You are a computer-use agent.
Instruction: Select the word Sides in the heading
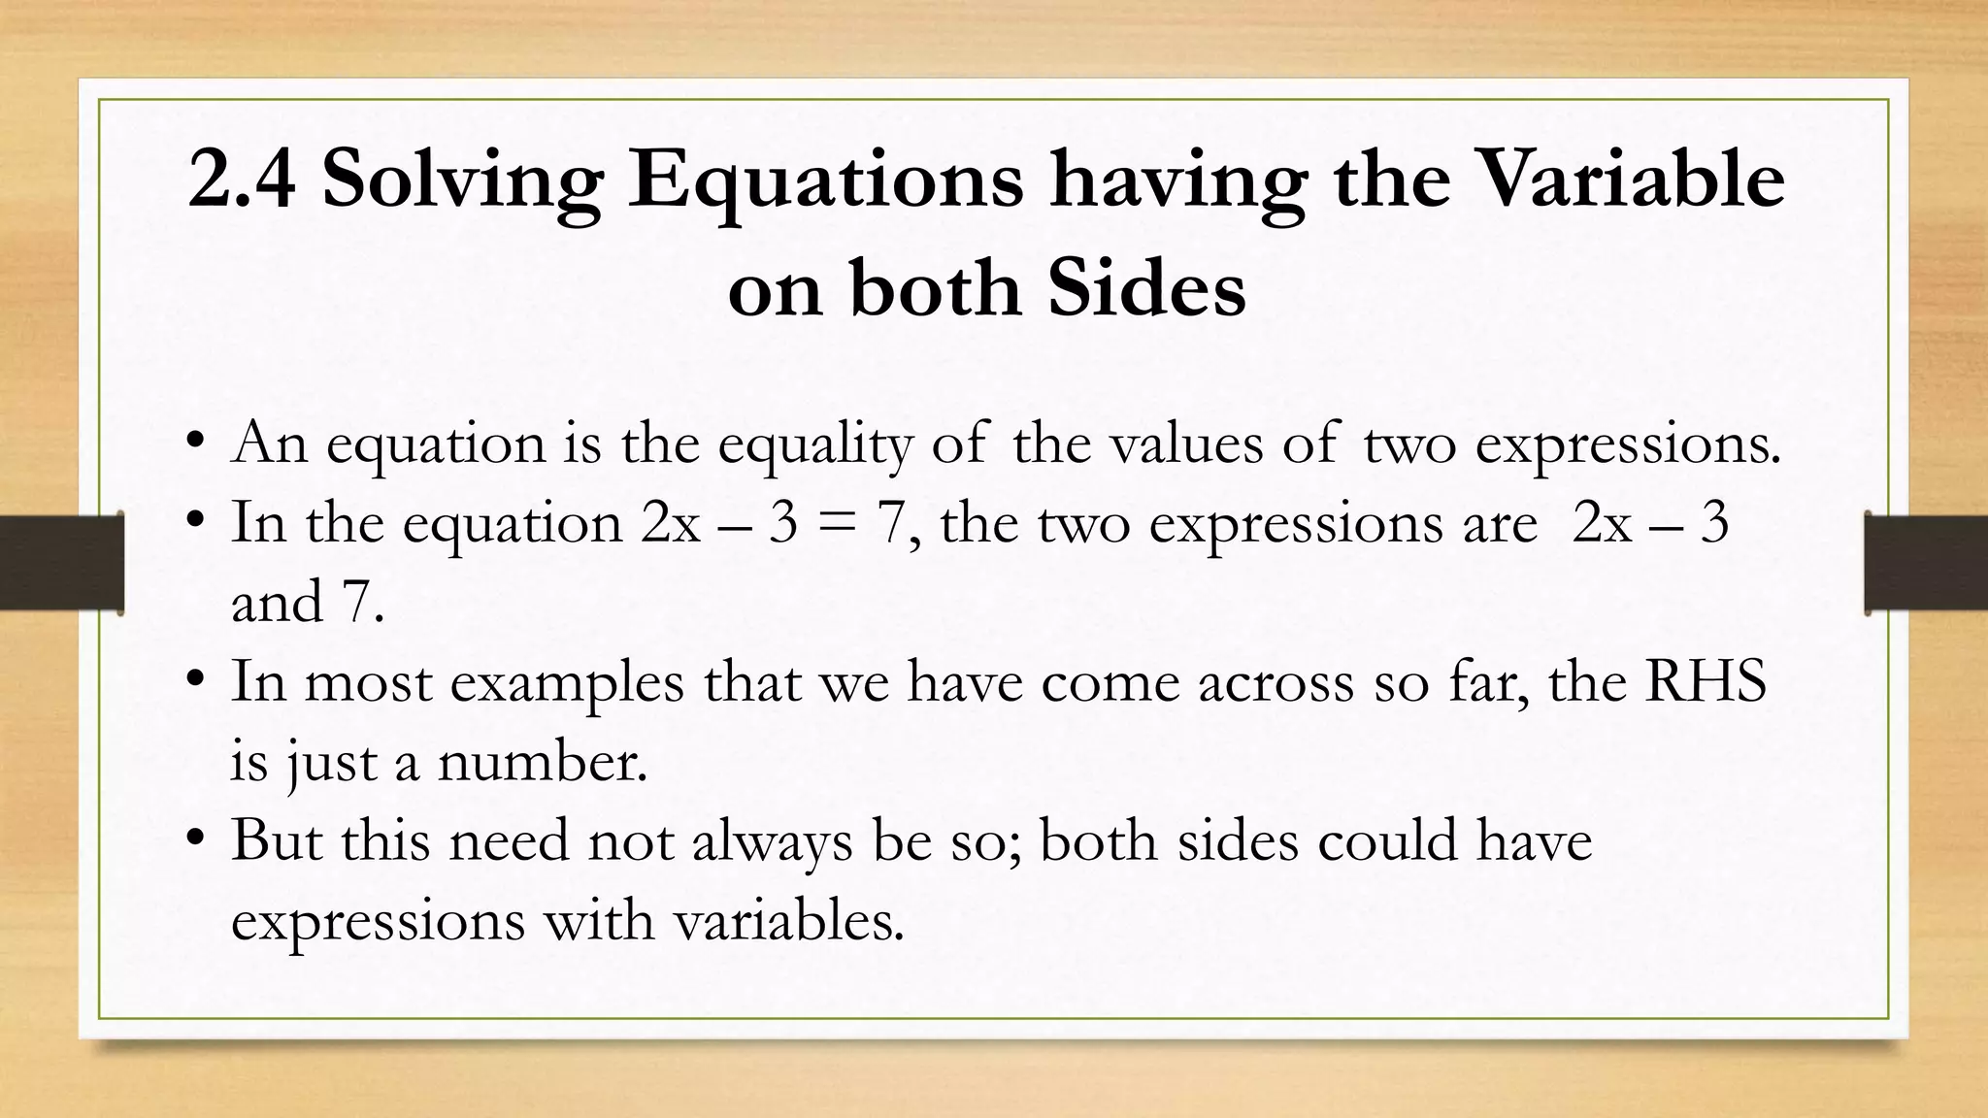1146,289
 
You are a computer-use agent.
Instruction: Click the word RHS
1706,681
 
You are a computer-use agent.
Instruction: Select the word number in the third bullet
542,762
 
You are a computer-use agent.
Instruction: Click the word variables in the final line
788,920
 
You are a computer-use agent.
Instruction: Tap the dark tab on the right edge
1926,563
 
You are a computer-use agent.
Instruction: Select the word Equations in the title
825,182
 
